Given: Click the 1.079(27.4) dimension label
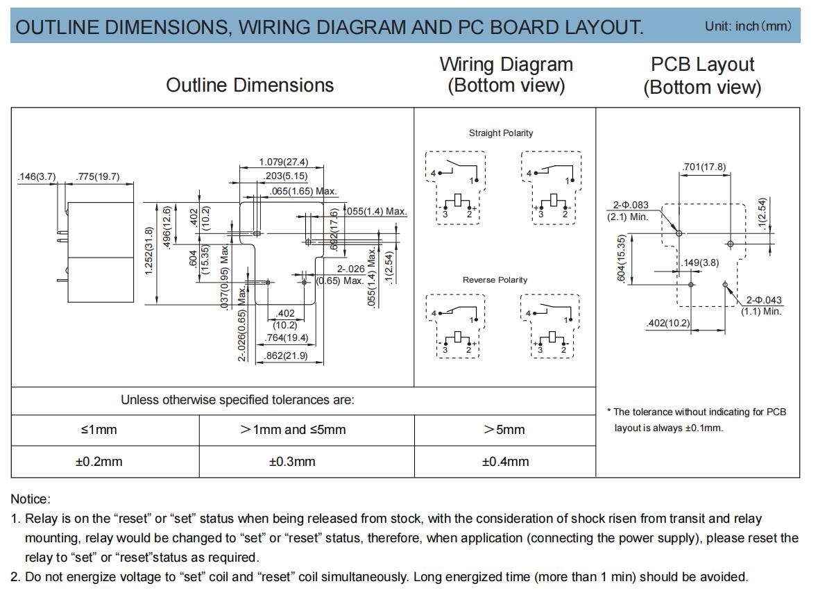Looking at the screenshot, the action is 283,162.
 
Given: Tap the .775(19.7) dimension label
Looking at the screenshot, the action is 98,176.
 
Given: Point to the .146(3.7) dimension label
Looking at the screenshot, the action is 37,176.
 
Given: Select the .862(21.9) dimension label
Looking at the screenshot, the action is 286,356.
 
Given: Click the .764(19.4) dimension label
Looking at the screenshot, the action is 286,338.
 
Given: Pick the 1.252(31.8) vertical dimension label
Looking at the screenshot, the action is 148,251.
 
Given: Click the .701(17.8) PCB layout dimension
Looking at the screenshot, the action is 704,167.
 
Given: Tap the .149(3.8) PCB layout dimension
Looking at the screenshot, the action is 700,262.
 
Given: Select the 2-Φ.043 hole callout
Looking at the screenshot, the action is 764,300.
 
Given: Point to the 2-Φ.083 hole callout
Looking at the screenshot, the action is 631,206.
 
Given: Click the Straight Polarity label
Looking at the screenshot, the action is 501,133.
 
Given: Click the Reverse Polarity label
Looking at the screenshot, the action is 495,280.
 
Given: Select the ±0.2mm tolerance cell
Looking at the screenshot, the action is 99,462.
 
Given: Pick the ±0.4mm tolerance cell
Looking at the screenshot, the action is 505,462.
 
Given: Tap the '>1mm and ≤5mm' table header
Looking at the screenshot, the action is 293,430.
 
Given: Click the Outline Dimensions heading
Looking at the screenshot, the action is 250,85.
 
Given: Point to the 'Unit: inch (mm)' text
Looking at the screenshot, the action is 748,26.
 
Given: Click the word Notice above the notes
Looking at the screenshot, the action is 31,499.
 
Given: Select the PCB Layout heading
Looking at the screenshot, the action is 702,64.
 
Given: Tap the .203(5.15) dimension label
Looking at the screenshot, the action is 285,176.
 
